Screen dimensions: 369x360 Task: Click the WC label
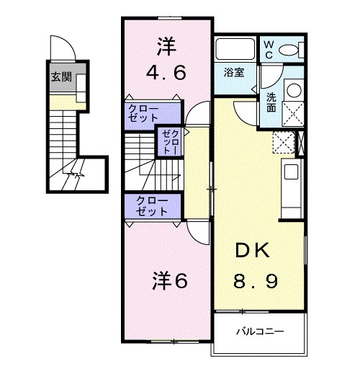(268, 49)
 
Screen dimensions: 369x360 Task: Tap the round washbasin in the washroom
(294, 92)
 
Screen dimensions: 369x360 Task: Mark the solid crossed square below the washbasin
(294, 115)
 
